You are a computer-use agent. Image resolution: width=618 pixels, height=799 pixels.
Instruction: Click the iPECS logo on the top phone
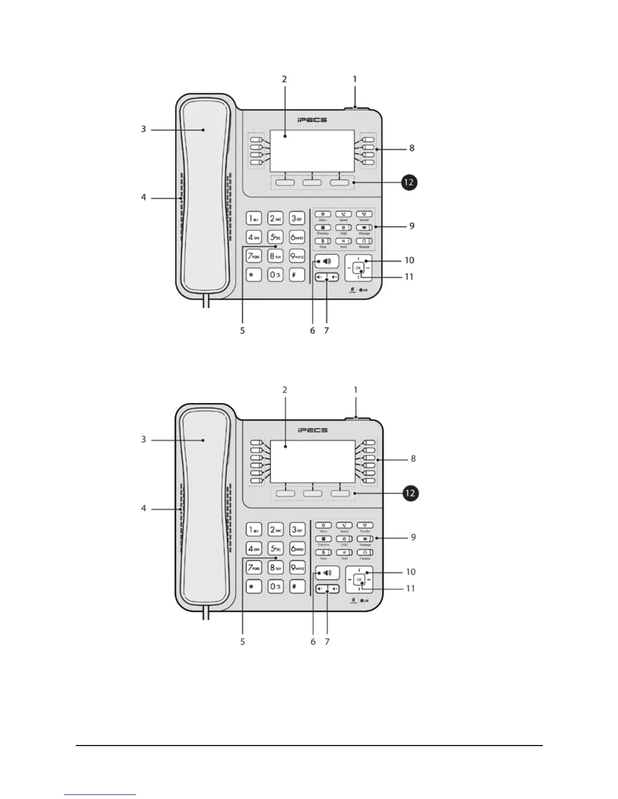point(312,120)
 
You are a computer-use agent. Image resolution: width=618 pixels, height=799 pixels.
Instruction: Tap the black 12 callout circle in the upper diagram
point(408,182)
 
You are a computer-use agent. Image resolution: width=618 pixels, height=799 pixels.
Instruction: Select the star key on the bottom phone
point(253,586)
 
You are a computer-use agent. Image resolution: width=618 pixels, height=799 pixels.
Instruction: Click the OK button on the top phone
point(358,268)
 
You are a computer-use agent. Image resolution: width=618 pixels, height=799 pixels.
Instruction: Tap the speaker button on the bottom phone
point(327,573)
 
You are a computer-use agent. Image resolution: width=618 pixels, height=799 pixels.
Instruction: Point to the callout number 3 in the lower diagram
point(143,439)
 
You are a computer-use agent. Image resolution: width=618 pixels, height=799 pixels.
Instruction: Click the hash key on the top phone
point(297,275)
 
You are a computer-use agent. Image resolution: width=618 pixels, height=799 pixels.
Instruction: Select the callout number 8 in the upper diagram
point(412,148)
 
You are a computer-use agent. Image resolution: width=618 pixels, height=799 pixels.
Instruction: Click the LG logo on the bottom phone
point(364,600)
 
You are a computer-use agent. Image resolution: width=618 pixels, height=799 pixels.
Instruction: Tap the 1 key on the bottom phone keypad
point(254,530)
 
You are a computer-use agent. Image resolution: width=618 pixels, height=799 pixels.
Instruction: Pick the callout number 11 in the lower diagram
point(410,588)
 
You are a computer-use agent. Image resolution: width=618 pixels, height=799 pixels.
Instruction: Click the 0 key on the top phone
point(275,275)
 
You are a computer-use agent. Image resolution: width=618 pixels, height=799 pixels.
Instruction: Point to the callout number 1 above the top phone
point(354,79)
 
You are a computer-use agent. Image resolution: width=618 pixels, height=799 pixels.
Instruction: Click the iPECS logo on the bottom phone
point(313,430)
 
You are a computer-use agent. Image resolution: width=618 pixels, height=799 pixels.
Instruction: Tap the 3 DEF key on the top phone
point(297,218)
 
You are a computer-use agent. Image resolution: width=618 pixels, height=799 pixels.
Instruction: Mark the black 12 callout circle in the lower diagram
point(410,493)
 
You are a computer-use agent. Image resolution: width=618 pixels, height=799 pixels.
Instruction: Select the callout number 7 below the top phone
point(327,330)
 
